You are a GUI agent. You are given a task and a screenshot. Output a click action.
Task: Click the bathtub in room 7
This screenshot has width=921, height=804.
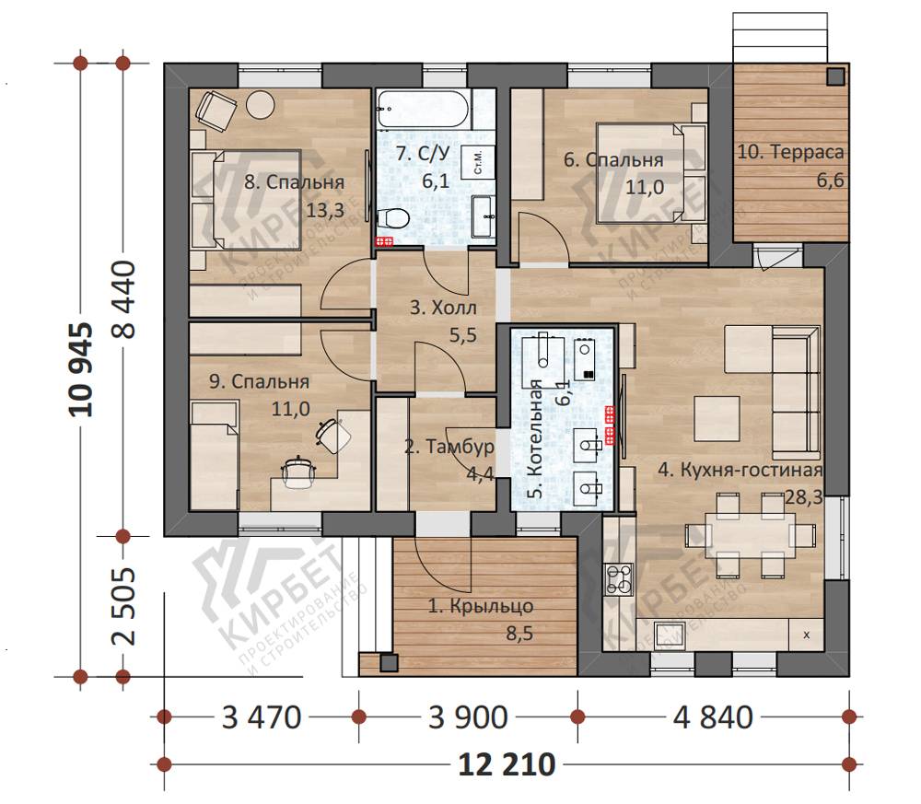(x=423, y=110)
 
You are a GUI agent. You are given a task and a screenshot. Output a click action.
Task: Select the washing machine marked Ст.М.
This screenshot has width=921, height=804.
(x=477, y=161)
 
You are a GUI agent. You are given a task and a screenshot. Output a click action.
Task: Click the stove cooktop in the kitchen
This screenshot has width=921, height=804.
(x=619, y=579)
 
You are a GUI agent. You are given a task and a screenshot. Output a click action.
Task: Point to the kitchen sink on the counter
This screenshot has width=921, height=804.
(x=668, y=635)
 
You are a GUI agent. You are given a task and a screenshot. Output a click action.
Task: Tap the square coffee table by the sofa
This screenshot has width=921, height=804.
(x=717, y=418)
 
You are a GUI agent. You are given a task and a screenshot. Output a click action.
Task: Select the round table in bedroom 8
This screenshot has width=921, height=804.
(x=260, y=105)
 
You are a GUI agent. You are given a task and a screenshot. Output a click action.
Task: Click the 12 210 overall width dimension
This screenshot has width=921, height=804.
(x=507, y=764)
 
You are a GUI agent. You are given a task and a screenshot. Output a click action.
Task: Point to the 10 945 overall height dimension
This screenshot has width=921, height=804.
(x=81, y=369)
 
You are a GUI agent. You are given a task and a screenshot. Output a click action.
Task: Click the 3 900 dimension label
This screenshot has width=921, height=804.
(x=468, y=717)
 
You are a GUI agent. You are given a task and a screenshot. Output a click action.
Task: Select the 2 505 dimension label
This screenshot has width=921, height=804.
(x=123, y=606)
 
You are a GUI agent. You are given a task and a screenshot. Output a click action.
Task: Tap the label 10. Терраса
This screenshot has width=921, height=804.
(x=790, y=152)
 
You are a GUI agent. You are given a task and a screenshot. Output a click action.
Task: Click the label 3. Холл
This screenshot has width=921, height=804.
(x=443, y=308)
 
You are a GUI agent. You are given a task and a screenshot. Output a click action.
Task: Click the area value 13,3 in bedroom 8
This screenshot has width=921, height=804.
(x=325, y=210)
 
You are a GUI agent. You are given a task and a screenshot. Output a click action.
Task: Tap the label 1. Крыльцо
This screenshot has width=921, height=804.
(x=481, y=605)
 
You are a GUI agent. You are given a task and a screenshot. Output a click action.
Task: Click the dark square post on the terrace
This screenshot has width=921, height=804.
(x=836, y=76)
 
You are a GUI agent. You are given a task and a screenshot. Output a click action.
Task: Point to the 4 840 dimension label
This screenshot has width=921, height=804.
(x=713, y=717)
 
